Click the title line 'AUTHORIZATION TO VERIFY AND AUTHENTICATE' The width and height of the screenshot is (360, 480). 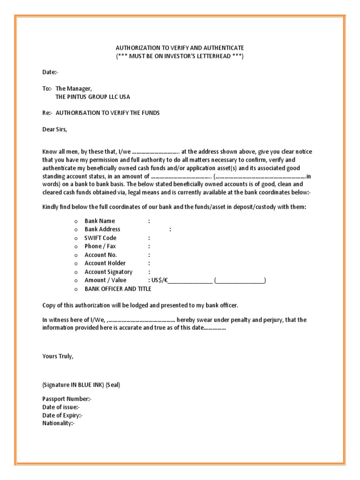[x=180, y=48]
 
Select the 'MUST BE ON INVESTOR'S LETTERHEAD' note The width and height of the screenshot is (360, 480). [x=180, y=56]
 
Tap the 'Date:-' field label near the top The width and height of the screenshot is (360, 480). [x=51, y=72]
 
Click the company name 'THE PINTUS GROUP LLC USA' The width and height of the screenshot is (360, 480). [x=93, y=97]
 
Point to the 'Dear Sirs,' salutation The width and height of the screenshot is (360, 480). [x=55, y=129]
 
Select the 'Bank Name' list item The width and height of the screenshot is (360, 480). [x=99, y=221]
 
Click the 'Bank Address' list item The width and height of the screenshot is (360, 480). [x=102, y=229]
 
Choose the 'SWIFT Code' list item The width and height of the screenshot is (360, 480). [x=100, y=238]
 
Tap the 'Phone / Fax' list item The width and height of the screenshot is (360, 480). [x=100, y=246]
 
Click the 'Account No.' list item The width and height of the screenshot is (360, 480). [x=101, y=255]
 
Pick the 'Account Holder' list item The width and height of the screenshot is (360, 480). [x=105, y=263]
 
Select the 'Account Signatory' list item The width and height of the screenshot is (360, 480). [x=108, y=272]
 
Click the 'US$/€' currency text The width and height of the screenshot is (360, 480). [x=159, y=280]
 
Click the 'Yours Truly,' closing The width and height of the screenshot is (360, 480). [x=58, y=356]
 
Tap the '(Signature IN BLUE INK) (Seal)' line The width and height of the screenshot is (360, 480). [x=81, y=385]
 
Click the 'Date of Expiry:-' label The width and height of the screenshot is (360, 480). [x=62, y=415]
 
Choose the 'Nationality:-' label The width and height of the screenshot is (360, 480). [x=59, y=423]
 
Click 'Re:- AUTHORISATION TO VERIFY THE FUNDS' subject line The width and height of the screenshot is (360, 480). [x=101, y=113]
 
